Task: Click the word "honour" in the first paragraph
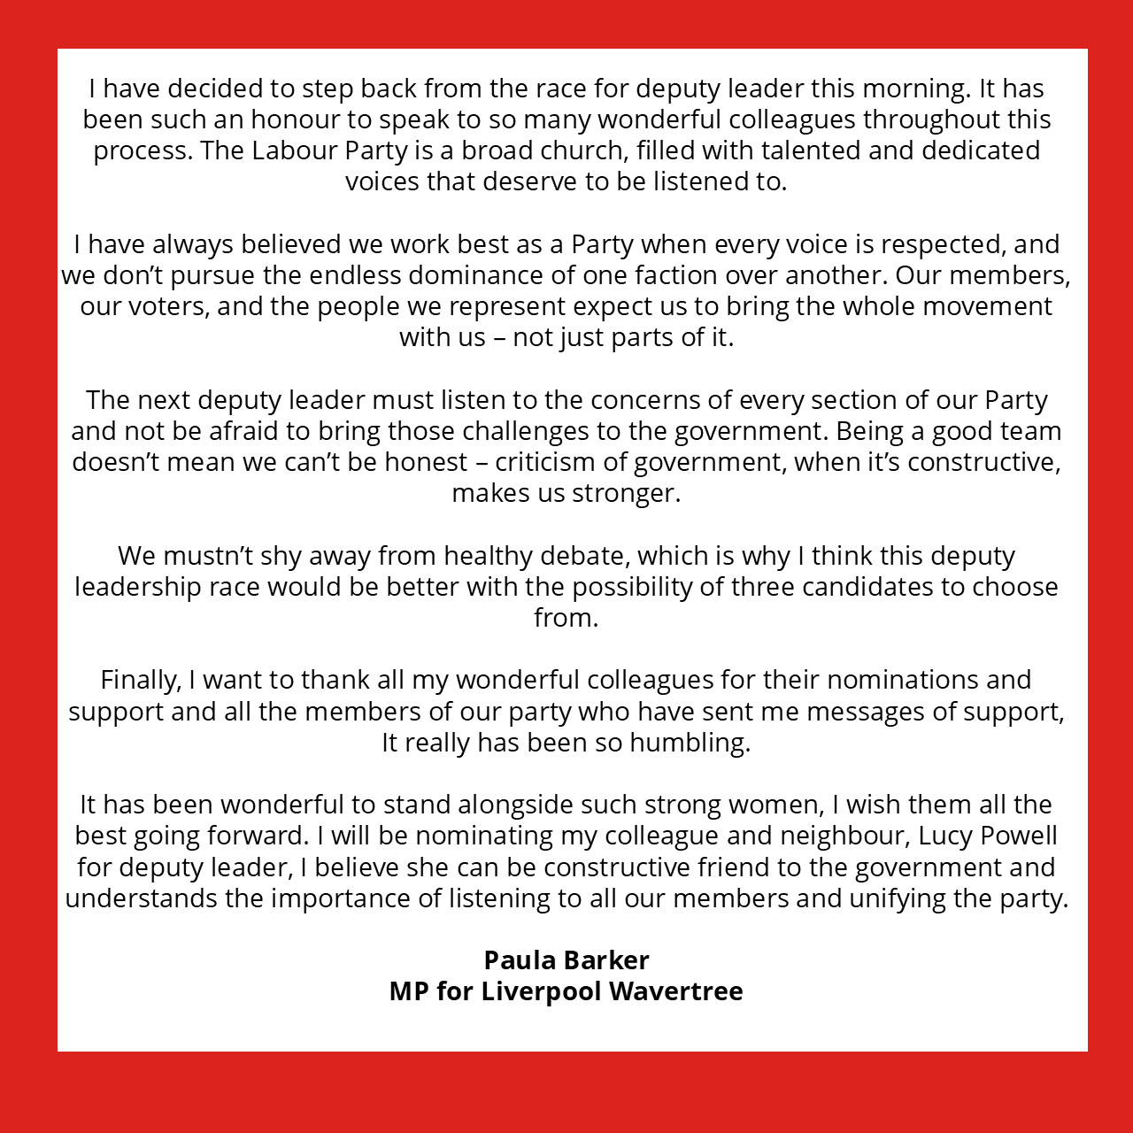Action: [289, 119]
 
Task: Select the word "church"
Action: [580, 150]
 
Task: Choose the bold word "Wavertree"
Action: [676, 991]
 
